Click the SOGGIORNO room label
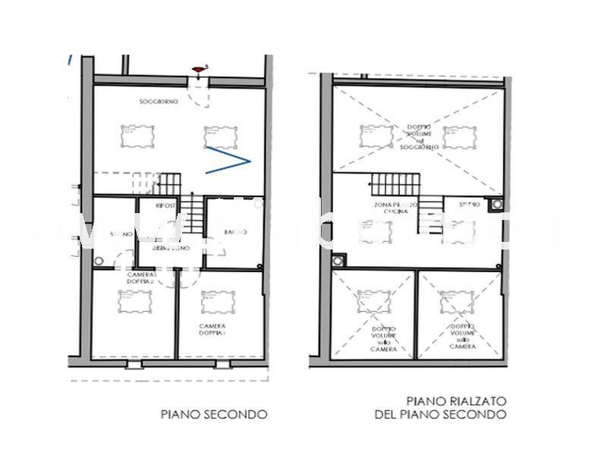(159, 102)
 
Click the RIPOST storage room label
(165, 206)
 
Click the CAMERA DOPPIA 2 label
(140, 278)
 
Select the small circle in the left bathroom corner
(99, 260)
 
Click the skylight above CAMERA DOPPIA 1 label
(218, 302)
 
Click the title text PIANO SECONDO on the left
(213, 414)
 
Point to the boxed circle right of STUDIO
(496, 203)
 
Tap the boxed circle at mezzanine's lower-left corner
(337, 260)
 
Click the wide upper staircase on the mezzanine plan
(394, 184)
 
